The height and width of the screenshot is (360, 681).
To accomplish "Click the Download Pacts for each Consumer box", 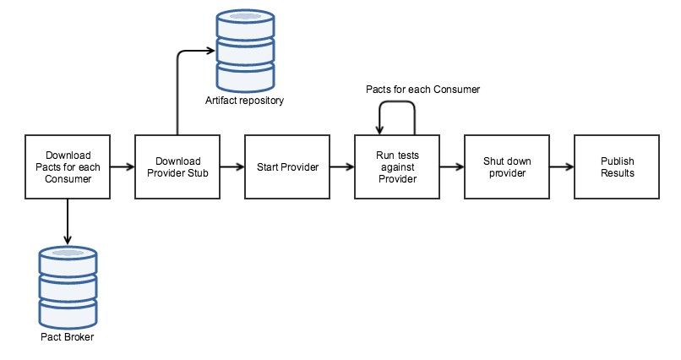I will coord(67,166).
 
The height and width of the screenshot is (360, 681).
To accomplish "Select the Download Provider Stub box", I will coord(177,166).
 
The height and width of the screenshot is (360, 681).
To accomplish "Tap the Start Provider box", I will coord(286,166).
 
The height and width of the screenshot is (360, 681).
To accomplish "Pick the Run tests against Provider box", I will coord(396,166).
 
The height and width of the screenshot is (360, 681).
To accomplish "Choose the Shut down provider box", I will coord(505,166).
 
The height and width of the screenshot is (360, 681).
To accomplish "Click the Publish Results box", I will coord(616,166).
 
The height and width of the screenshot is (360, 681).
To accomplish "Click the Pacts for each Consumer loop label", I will coord(422,88).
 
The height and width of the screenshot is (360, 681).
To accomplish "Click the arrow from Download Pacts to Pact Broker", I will coord(67,220).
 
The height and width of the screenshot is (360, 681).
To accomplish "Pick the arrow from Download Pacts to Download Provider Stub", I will coord(122,166).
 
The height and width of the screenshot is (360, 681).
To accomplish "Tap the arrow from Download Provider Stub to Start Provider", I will coord(232,166).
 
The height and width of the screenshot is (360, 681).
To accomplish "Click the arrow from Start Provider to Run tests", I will coord(341,166).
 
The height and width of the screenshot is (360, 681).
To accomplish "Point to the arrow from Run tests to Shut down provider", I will coord(451,166).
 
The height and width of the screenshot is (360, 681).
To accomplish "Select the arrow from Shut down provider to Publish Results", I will coord(560,166).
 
